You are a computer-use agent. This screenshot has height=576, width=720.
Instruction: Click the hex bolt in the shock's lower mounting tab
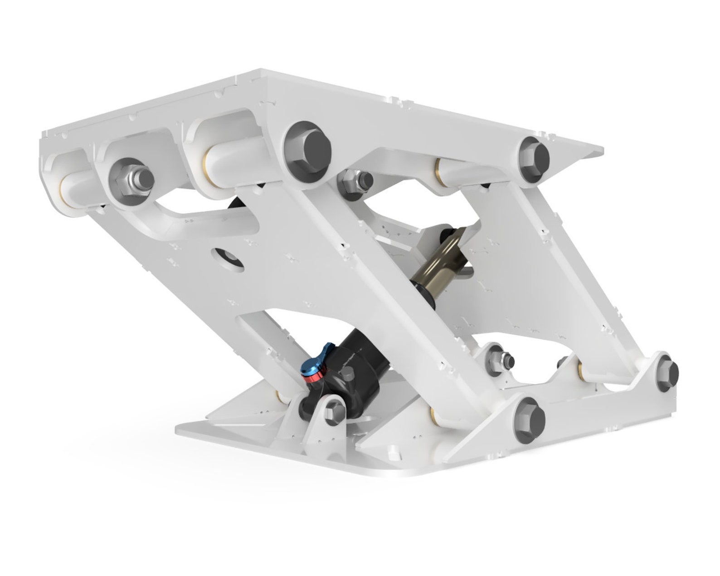pos(336,410)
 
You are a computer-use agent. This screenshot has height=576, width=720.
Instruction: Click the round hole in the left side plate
pos(230,259)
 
